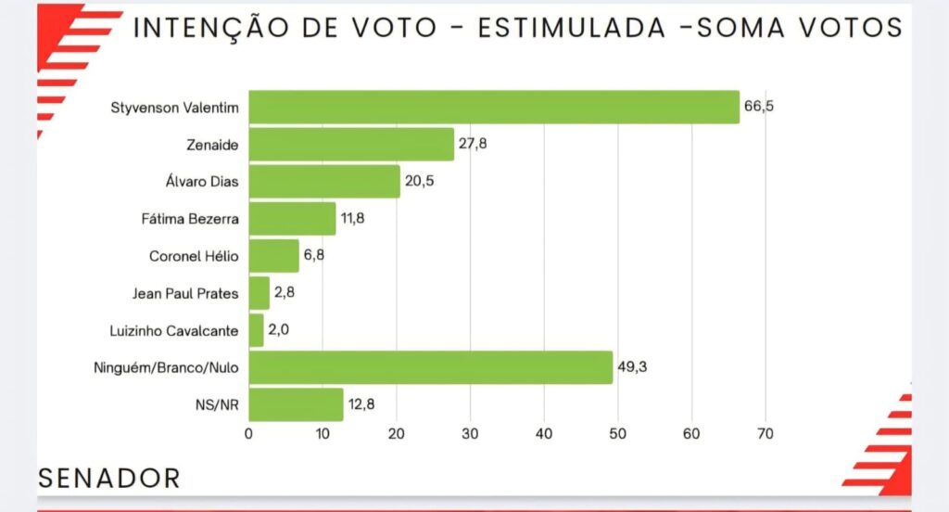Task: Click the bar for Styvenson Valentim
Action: tap(494, 107)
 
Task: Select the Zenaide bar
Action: tap(351, 144)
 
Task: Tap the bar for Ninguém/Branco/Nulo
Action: tap(431, 367)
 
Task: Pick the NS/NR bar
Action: tap(296, 404)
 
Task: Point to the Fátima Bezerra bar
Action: tap(292, 219)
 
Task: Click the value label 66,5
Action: tap(758, 107)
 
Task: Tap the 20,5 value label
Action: tap(418, 181)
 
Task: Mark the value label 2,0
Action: tap(279, 330)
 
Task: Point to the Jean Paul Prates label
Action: tap(185, 293)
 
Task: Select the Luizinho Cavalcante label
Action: tap(174, 330)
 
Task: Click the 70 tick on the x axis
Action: tap(765, 433)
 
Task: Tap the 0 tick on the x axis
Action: tap(249, 433)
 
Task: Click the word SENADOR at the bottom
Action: tap(108, 479)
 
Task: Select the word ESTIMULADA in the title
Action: tap(571, 28)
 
